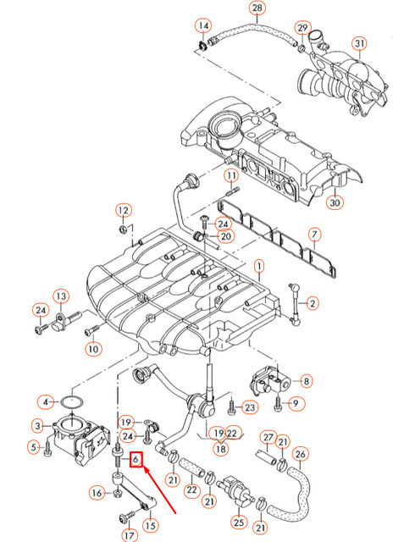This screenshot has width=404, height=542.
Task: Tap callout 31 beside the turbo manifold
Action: coord(359,44)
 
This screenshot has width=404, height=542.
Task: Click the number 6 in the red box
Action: coord(135,460)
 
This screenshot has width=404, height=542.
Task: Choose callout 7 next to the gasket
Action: coord(313,234)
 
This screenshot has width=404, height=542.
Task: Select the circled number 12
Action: coord(123,210)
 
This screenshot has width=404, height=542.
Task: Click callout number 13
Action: coord(61,296)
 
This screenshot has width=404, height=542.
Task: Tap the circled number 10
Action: coord(92,348)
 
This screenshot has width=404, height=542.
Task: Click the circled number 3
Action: coord(39,425)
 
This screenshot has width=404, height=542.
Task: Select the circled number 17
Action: coord(129,534)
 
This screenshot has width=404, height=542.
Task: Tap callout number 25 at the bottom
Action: coord(239,523)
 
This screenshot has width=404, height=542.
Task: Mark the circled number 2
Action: coord(313,302)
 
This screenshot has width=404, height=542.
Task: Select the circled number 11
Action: coord(230,176)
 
